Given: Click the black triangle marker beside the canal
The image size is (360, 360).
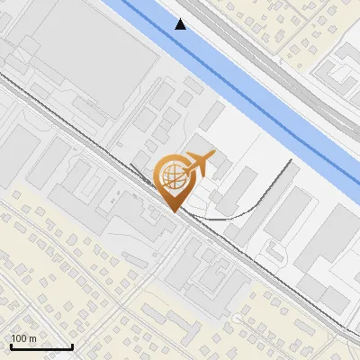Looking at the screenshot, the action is coord(181,24).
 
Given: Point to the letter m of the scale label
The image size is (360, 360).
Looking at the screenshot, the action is coord(32,338).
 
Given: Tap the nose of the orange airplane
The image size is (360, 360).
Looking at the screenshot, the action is coord(213,157).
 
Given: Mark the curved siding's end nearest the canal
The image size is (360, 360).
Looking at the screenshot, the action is coord(291,161).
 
